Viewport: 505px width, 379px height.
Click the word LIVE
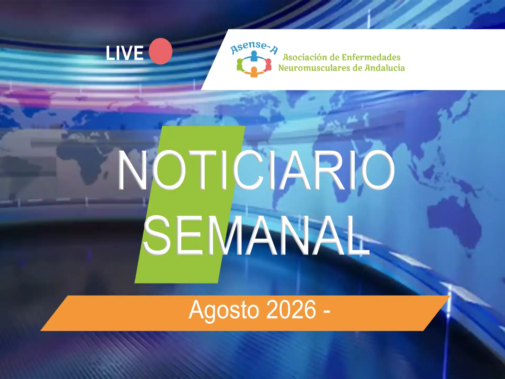(125, 53)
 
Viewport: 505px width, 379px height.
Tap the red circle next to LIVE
(160, 51)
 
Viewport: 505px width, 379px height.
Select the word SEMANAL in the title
(256, 235)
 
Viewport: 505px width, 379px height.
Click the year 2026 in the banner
(291, 310)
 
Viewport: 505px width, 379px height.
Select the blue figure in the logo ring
(254, 56)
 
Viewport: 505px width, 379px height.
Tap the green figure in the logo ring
(240, 65)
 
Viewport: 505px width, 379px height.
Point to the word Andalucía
(385, 68)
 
